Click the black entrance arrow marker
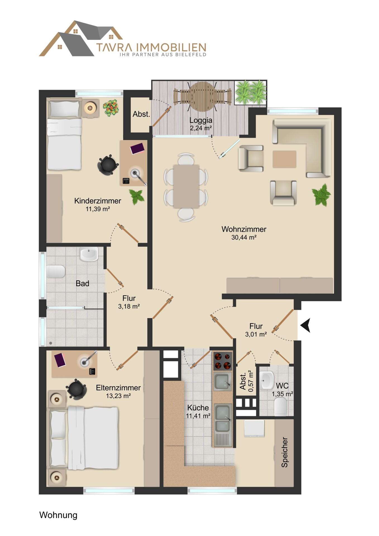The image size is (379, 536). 306,325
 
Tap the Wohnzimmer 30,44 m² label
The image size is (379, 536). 244,233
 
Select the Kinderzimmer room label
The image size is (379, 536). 97,201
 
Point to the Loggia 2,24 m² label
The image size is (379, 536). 201,124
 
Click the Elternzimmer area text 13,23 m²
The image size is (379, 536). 118,396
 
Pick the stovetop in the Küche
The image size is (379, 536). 223,361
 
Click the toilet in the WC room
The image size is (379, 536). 280,407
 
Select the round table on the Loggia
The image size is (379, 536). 202,97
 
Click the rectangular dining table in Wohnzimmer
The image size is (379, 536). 186,186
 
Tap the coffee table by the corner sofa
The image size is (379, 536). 284,159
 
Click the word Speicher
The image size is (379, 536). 284,452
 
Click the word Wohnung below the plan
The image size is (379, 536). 58,515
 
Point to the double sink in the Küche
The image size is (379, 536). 223,417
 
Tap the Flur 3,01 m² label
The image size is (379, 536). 256,330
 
